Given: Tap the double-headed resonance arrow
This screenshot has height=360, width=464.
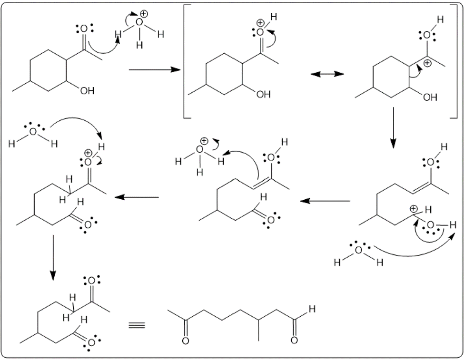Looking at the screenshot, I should (326, 74).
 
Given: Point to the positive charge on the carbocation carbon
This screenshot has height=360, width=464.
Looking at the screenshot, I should (428, 63).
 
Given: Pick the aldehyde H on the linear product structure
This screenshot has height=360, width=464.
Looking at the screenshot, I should (312, 310).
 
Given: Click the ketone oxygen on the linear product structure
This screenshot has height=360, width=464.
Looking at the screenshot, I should (186, 340).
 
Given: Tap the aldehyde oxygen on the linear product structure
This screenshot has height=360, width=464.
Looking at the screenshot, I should (294, 340).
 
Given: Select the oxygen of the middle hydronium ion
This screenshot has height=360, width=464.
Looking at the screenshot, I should (200, 150).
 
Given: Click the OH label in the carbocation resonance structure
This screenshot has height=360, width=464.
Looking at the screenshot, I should (430, 97).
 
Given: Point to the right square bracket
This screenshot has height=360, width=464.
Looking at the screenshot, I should (454, 61).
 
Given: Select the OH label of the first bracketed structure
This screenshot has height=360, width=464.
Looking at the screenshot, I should (263, 95).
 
